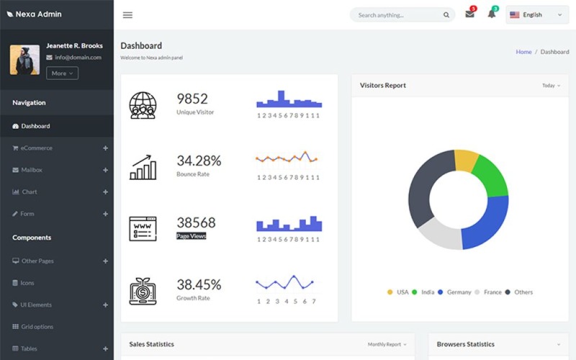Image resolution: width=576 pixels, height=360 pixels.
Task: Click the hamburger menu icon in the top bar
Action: click(127, 15)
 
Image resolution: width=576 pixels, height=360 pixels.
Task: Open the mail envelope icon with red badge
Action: click(469, 14)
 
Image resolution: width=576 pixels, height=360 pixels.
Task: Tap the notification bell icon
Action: click(492, 14)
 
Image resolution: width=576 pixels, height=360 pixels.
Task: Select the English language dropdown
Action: click(536, 15)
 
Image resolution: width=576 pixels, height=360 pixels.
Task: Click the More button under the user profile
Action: click(62, 73)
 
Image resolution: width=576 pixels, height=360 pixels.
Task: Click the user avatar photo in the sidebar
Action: click(24, 60)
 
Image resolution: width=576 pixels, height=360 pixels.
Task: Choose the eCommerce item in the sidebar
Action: click(36, 148)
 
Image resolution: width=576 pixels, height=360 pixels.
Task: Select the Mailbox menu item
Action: click(32, 170)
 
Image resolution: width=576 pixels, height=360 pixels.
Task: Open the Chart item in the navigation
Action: click(29, 192)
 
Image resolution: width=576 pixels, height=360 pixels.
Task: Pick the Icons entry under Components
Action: click(27, 283)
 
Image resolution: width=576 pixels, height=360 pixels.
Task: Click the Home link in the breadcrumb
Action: click(523, 52)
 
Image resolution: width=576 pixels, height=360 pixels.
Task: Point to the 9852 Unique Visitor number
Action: click(192, 99)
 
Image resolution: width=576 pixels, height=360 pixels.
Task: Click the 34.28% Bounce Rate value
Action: click(199, 161)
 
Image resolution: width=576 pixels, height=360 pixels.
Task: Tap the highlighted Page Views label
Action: click(192, 236)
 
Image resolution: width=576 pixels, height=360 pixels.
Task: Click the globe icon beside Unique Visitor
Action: click(143, 105)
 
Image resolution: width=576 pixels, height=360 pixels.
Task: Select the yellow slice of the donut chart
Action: click(467, 161)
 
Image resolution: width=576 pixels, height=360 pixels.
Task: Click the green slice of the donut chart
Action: click(491, 176)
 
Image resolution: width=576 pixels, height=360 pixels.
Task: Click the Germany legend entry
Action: click(459, 292)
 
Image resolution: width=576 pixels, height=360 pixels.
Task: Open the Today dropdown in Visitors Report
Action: click(551, 86)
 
